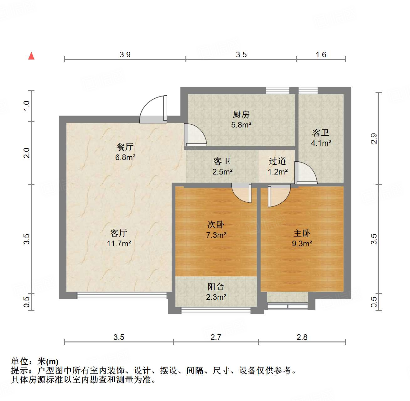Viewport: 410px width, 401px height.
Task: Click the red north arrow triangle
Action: pos(31,56)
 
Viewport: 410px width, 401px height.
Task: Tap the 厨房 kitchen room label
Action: pos(241,114)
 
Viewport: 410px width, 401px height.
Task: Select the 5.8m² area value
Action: pos(241,125)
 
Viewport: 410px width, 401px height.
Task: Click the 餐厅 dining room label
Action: pos(125,147)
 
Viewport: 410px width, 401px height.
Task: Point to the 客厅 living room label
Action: pos(119,233)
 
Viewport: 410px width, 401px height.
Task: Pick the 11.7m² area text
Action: pos(119,243)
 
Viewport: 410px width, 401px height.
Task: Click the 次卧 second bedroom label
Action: pos(216,225)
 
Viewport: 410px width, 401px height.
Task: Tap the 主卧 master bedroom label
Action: pos(302,233)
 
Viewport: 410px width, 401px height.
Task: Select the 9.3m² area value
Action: pos(302,243)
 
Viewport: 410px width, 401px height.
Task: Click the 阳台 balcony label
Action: pos(216,286)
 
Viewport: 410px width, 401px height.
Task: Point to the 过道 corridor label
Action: pos(278,161)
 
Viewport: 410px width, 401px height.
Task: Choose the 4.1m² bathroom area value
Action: pos(321,143)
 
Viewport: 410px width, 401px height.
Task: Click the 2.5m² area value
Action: pos(222,172)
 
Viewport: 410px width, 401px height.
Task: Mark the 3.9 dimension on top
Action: pos(125,55)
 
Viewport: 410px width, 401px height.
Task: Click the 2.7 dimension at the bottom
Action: pos(216,337)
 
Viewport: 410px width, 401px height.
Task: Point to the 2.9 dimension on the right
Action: pos(374,138)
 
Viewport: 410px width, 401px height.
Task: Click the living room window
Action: pos(122,295)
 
